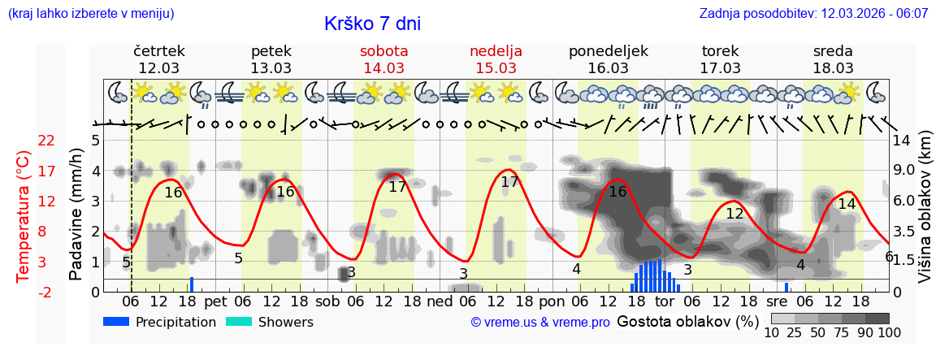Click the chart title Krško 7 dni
coord(372,24)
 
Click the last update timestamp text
coord(813,14)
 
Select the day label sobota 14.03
coord(383,59)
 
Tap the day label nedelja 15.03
coord(496,59)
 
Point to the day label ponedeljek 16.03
coord(608,59)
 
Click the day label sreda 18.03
coord(833,59)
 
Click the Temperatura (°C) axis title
coord(24,215)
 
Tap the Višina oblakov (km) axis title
coord(925,215)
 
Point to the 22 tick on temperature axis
coord(46,141)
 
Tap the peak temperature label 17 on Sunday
coord(509,182)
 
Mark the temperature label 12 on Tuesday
coord(734,214)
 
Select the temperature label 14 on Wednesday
coord(847,204)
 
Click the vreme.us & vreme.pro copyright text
coord(540,323)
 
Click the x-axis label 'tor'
coord(665,301)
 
